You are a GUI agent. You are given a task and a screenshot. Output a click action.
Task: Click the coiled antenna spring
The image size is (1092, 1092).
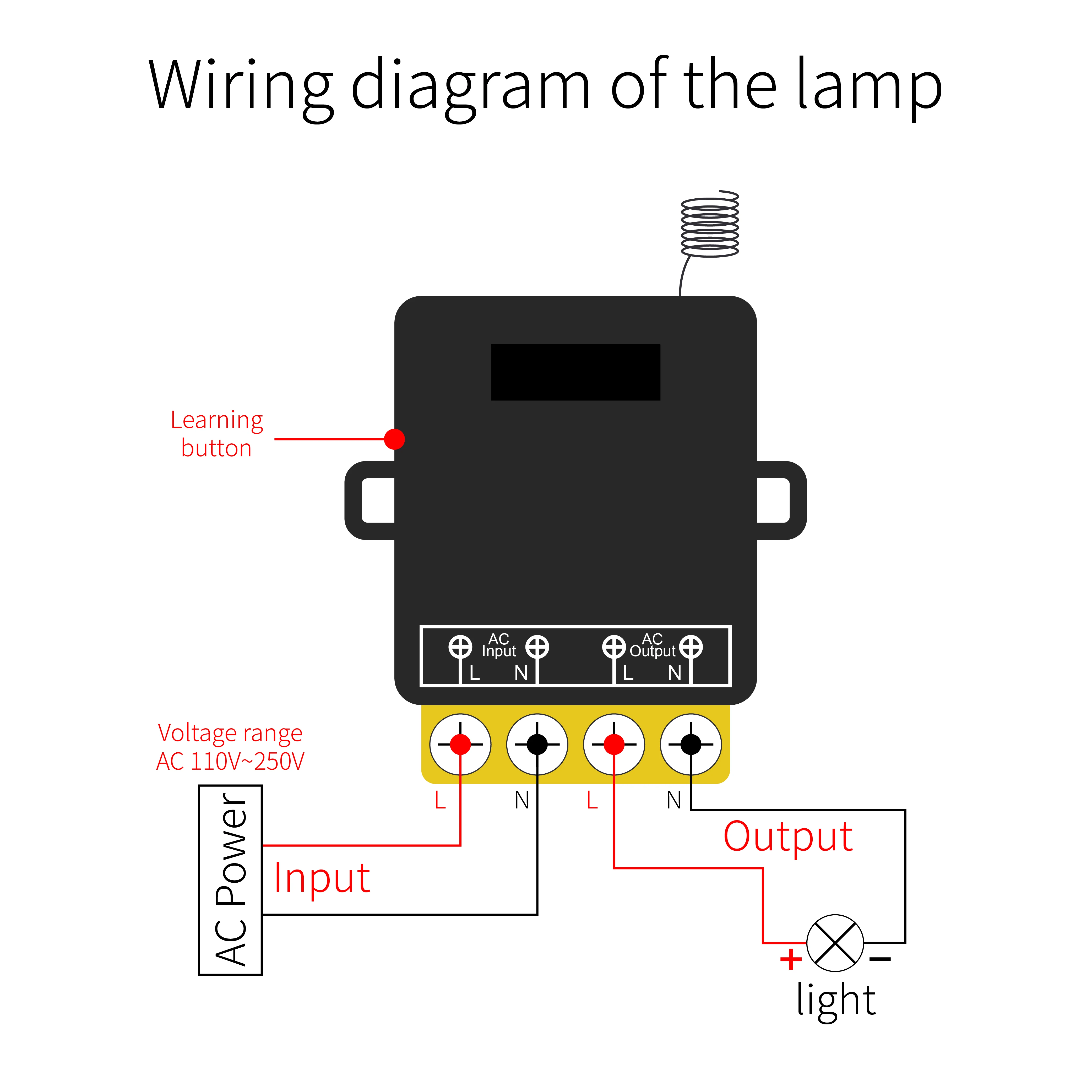click(x=710, y=224)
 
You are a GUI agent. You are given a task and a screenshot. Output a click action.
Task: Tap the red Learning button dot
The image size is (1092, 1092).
click(x=394, y=439)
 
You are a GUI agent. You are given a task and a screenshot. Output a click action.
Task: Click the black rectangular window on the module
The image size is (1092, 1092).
click(x=575, y=372)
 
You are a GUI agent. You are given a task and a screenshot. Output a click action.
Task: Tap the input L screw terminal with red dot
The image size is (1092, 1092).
click(x=460, y=745)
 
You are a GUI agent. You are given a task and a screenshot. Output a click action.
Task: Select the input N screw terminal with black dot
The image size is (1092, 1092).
click(x=537, y=745)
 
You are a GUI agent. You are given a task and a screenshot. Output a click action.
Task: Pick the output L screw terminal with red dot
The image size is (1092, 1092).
click(x=614, y=745)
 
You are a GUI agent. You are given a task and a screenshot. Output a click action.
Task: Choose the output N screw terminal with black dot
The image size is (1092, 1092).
click(x=691, y=745)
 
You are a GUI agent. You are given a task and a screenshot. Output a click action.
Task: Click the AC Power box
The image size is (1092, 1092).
click(x=230, y=880)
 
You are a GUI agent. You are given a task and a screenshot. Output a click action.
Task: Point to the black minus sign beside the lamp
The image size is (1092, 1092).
click(x=880, y=959)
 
